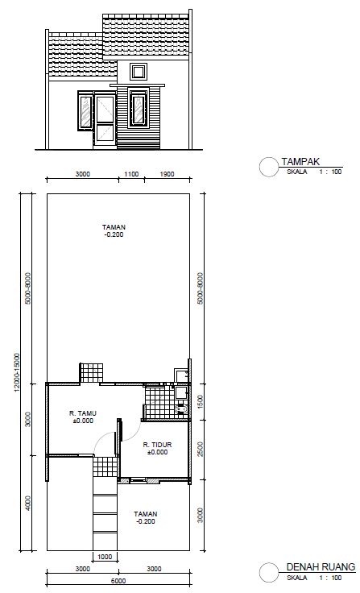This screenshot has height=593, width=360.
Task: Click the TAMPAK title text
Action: click(300, 162)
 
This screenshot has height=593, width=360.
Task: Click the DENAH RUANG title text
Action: click(321, 567)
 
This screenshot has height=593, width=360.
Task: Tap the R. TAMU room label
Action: click(83, 413)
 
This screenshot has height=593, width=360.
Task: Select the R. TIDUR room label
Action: click(157, 445)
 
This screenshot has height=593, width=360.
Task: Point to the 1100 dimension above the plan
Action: click(131, 174)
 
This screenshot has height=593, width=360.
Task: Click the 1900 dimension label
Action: click(168, 174)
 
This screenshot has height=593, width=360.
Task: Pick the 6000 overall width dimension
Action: click(118, 581)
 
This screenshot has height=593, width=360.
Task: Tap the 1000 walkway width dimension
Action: click(105, 557)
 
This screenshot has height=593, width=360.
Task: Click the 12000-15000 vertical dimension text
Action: click(17, 372)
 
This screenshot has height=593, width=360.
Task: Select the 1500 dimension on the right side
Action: click(201, 401)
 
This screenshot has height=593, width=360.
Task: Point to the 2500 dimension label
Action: click(201, 450)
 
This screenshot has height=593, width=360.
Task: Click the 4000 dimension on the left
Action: click(28, 503)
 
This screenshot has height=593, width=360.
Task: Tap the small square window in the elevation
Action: click(139, 72)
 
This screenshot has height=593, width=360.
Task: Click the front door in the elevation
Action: click(105, 119)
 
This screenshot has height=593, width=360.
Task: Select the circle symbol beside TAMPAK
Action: click(269, 167)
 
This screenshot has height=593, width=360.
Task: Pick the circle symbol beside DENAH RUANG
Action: click(269, 572)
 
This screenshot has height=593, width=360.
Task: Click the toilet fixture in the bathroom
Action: click(181, 410)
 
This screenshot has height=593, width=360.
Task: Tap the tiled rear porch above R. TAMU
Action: click(91, 373)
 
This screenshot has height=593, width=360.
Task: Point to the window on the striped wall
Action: click(139, 108)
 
